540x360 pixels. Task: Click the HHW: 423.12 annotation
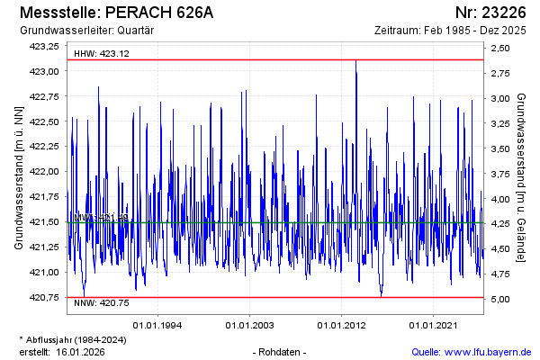point(102,53)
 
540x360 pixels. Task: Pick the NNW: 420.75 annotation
point(102,303)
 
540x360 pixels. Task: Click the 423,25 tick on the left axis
point(44,46)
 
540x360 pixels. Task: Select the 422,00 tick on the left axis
point(44,171)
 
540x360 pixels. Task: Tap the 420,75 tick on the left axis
point(44,297)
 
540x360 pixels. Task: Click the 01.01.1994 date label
point(158,324)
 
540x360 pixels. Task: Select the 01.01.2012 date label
point(341,324)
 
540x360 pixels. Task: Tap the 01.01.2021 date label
point(434,324)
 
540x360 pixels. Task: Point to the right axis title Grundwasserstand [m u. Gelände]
point(522,176)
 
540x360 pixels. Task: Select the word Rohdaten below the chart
point(281,351)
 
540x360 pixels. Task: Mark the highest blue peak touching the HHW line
point(356,61)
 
